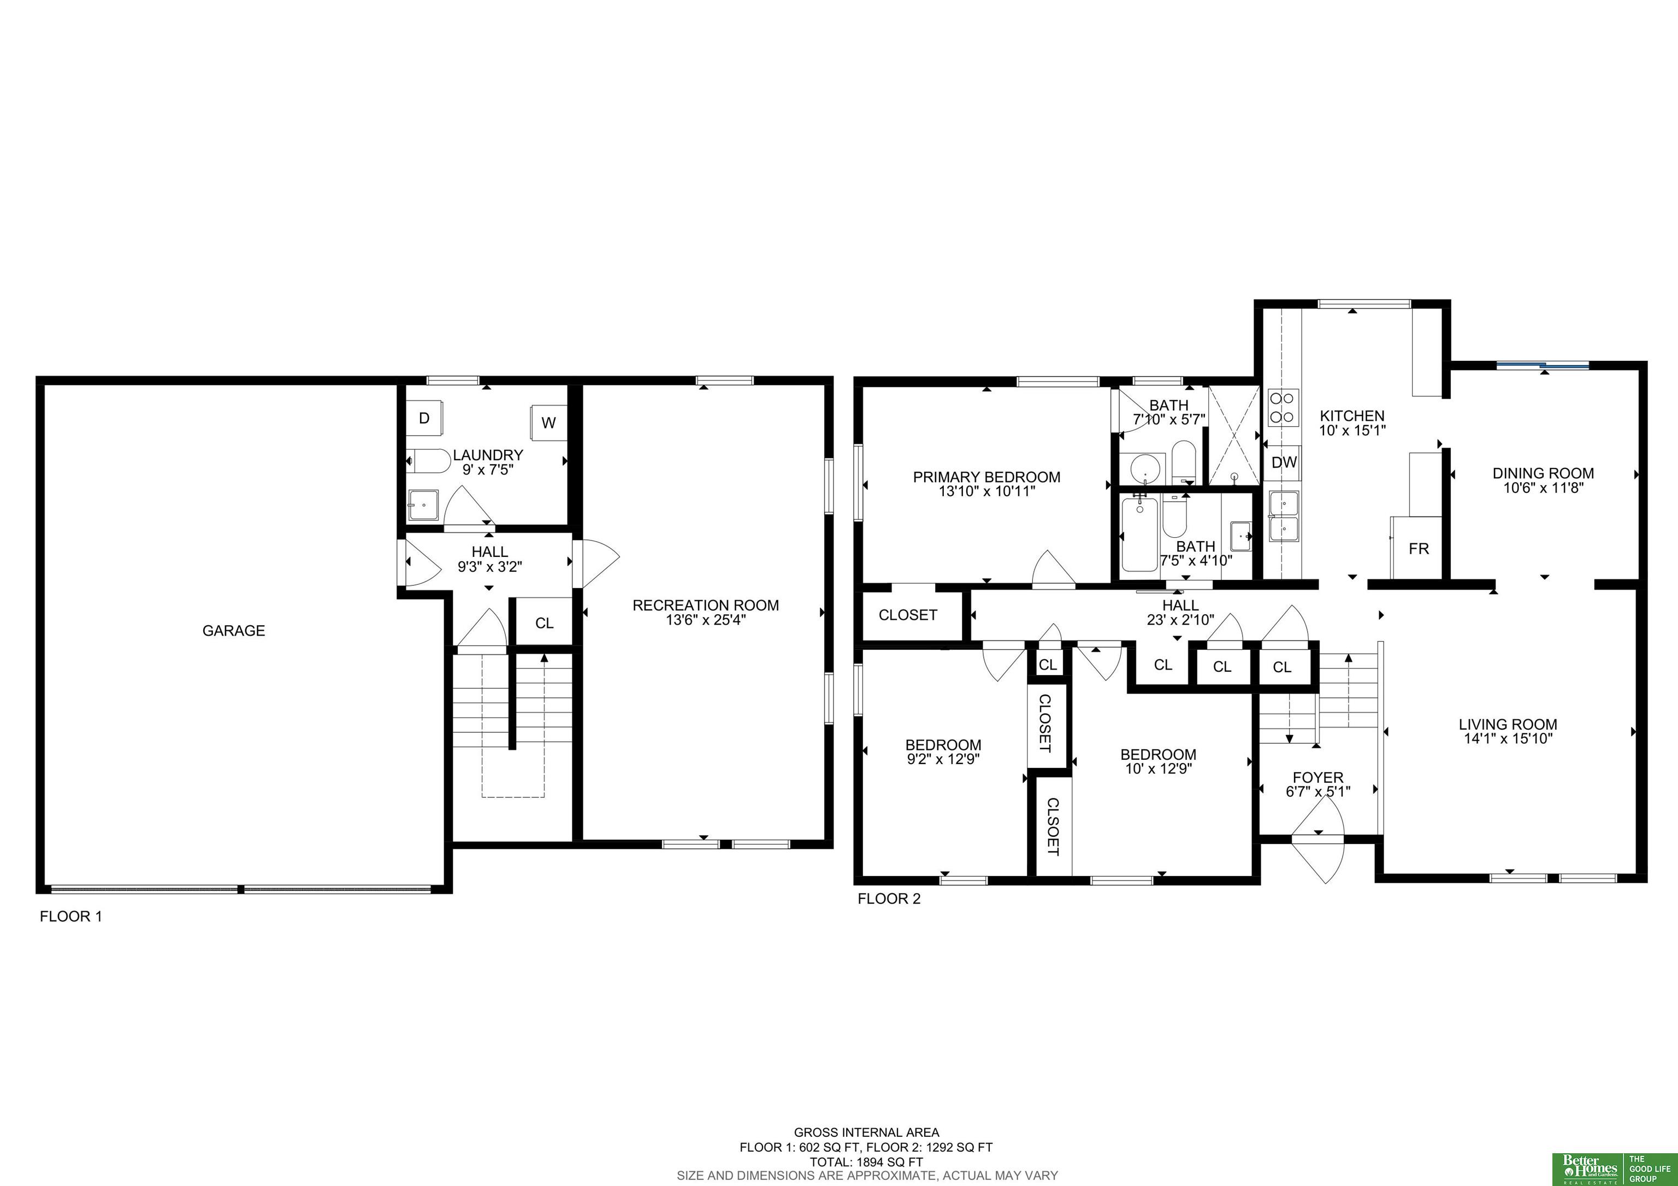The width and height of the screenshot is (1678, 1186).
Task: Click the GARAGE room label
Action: (x=234, y=630)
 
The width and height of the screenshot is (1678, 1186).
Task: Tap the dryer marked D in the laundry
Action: (x=424, y=418)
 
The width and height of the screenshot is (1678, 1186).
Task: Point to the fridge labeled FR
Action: (x=1418, y=548)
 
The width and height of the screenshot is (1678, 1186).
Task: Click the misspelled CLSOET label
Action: (x=1053, y=826)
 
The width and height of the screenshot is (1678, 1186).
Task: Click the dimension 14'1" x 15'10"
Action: (x=1508, y=738)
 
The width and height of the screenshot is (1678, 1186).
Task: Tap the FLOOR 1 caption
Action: (x=71, y=916)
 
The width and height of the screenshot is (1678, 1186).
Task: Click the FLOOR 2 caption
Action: (x=889, y=899)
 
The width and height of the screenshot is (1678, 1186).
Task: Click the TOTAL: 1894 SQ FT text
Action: (x=866, y=1162)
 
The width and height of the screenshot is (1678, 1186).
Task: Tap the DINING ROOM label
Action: (x=1543, y=474)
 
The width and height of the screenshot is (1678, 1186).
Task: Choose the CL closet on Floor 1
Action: (x=545, y=623)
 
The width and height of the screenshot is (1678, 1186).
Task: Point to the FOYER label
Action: (x=1317, y=777)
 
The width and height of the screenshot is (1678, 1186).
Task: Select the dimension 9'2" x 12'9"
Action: (x=943, y=760)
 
